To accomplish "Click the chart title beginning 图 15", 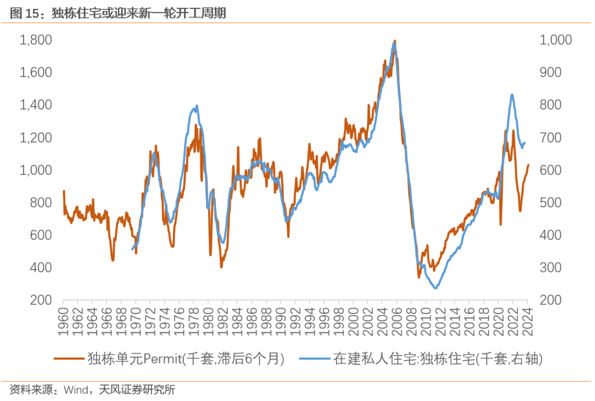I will click(118, 13).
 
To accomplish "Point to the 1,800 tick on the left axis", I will click(36, 40).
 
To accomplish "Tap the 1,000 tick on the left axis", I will click(36, 170).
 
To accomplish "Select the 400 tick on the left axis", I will click(42, 267).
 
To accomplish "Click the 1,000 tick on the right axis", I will click(556, 40).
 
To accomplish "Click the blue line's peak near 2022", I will click(512, 95).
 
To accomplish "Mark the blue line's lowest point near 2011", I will click(435, 288).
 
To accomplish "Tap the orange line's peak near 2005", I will click(394, 41).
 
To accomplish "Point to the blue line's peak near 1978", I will click(197, 106).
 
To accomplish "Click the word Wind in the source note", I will click(75, 390).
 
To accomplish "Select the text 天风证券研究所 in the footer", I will click(137, 390).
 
